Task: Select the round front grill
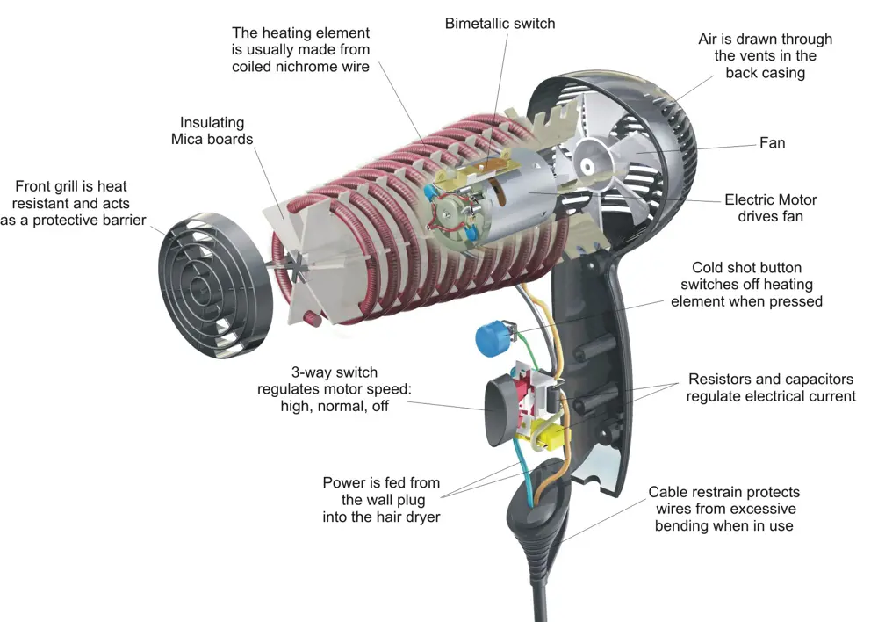pyautogui.click(x=215, y=286)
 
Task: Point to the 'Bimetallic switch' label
pyautogui.click(x=500, y=24)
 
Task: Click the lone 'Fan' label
pyautogui.click(x=772, y=143)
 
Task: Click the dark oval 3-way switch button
pyautogui.click(x=502, y=411)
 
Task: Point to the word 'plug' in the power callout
pyautogui.click(x=411, y=501)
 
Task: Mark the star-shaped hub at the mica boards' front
pyautogui.click(x=297, y=265)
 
